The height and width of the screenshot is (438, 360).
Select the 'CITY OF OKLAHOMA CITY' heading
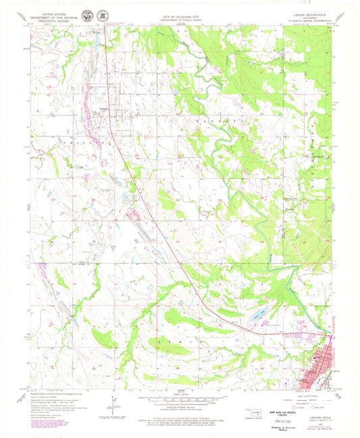[x=180, y=14]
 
